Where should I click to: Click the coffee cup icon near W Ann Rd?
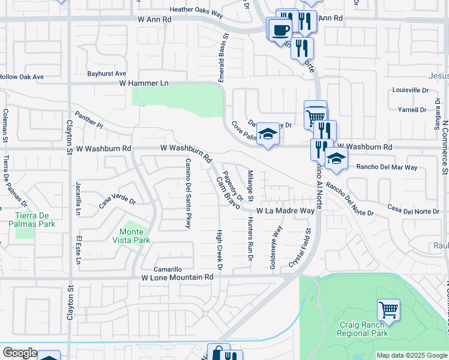point(280,29)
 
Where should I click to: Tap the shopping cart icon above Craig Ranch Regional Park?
point(388,310)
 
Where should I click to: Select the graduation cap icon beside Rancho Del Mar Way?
point(336,159)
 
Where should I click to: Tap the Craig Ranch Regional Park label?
point(363,329)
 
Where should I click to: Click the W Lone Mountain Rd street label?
point(177,277)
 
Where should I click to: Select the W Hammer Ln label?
point(143,83)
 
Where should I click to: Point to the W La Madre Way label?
point(286,211)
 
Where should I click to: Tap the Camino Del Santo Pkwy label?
point(188,189)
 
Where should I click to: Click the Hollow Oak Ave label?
point(22,77)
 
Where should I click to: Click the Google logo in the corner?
point(19,353)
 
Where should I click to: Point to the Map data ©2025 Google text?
point(412,355)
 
